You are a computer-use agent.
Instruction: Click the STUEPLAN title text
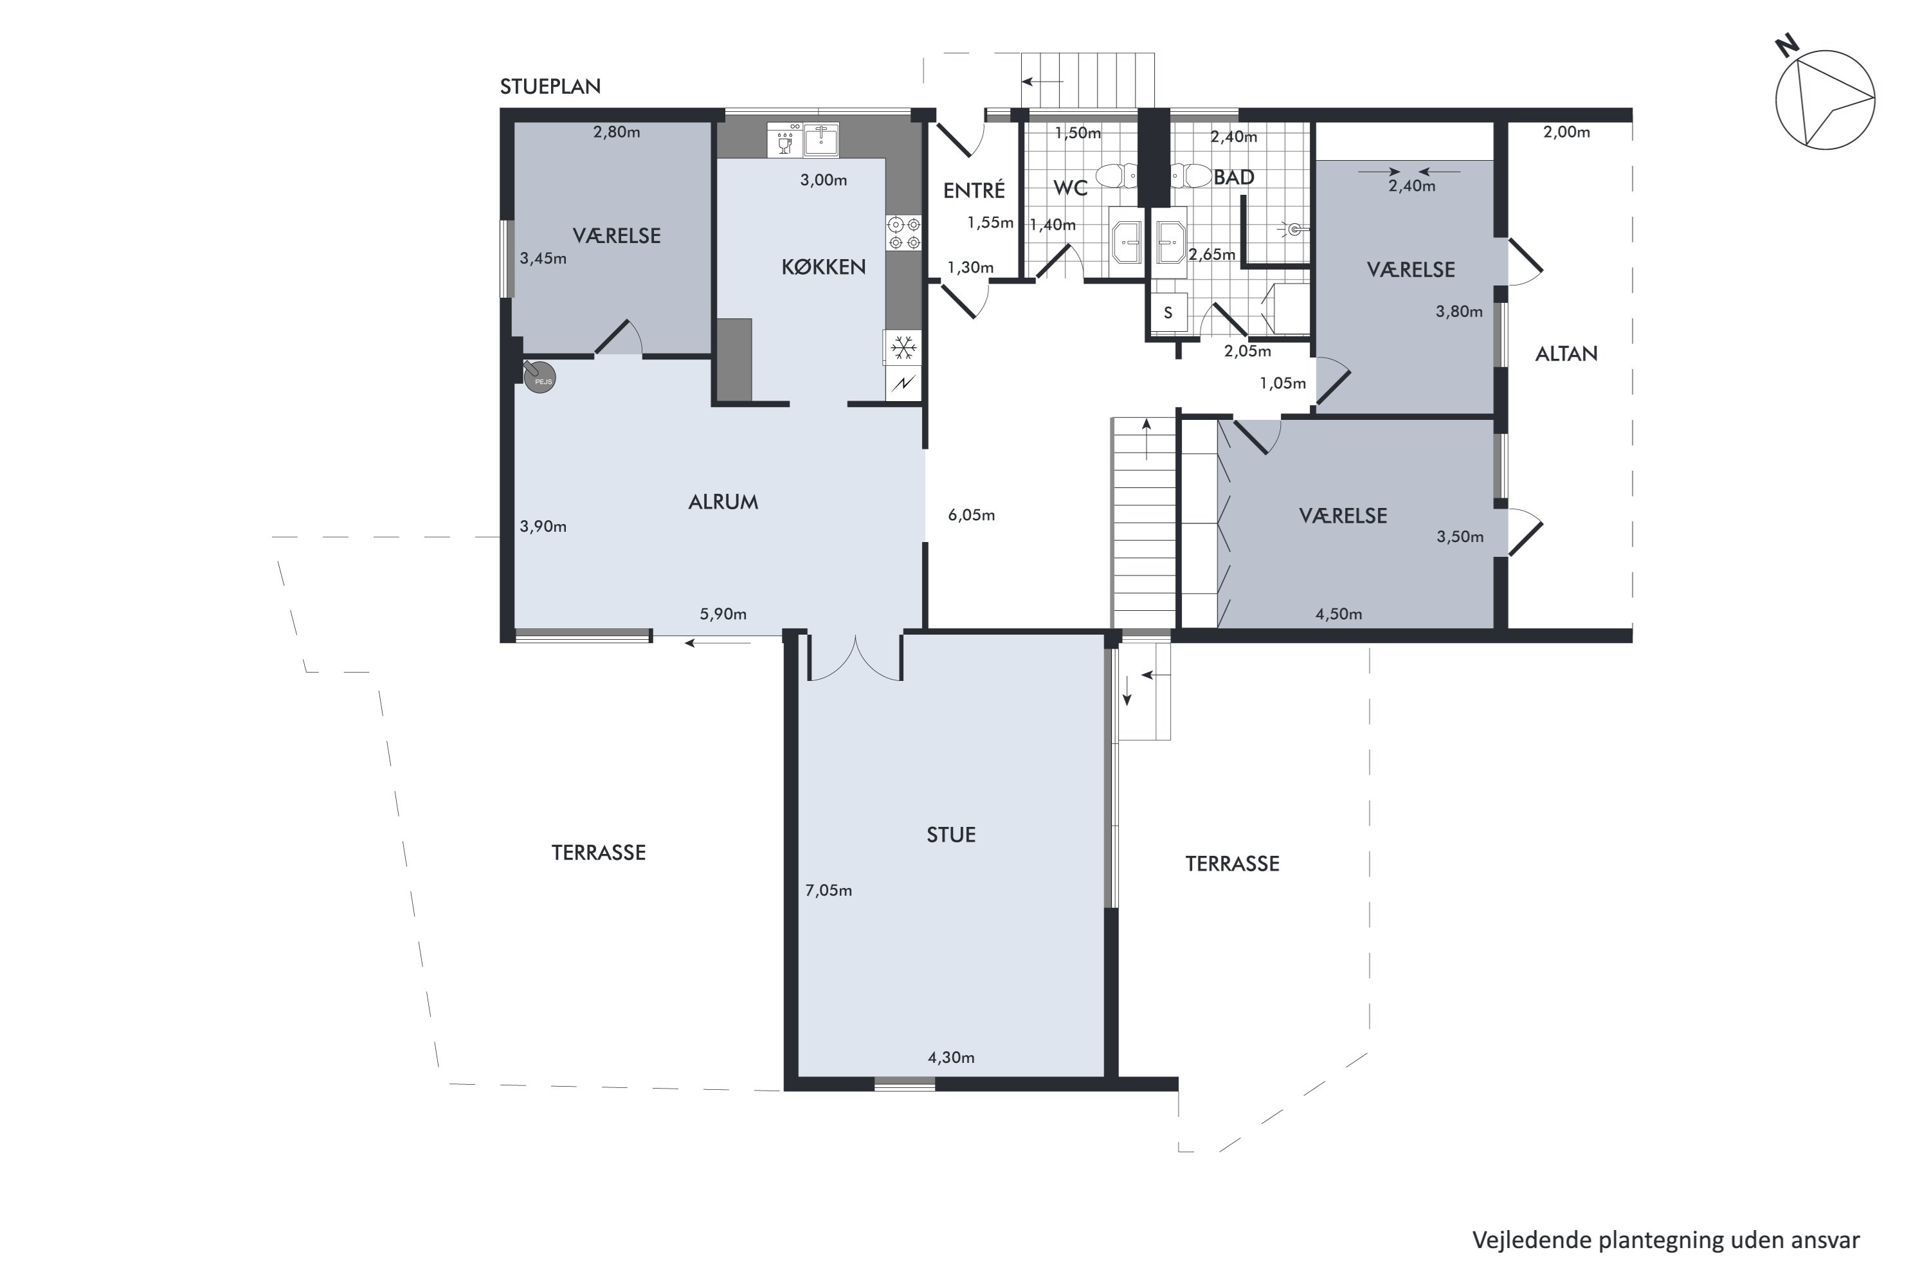click(550, 86)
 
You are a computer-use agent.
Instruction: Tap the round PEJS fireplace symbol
click(541, 377)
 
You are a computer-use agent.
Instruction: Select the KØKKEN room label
click(824, 267)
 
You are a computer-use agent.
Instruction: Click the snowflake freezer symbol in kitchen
click(904, 348)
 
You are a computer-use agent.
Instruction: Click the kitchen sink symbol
click(821, 140)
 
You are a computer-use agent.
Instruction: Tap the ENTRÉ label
click(974, 190)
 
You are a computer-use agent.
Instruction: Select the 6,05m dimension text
click(971, 515)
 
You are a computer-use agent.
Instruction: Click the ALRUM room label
click(723, 502)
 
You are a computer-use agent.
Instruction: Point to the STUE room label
click(950, 835)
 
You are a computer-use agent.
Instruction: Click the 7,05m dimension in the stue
click(828, 890)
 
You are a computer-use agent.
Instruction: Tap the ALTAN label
click(1566, 354)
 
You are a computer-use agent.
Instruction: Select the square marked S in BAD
click(1168, 312)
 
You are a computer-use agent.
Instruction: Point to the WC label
click(1069, 188)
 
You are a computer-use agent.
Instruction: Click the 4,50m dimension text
click(1339, 613)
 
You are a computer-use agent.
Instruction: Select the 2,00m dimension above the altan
click(1566, 132)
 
